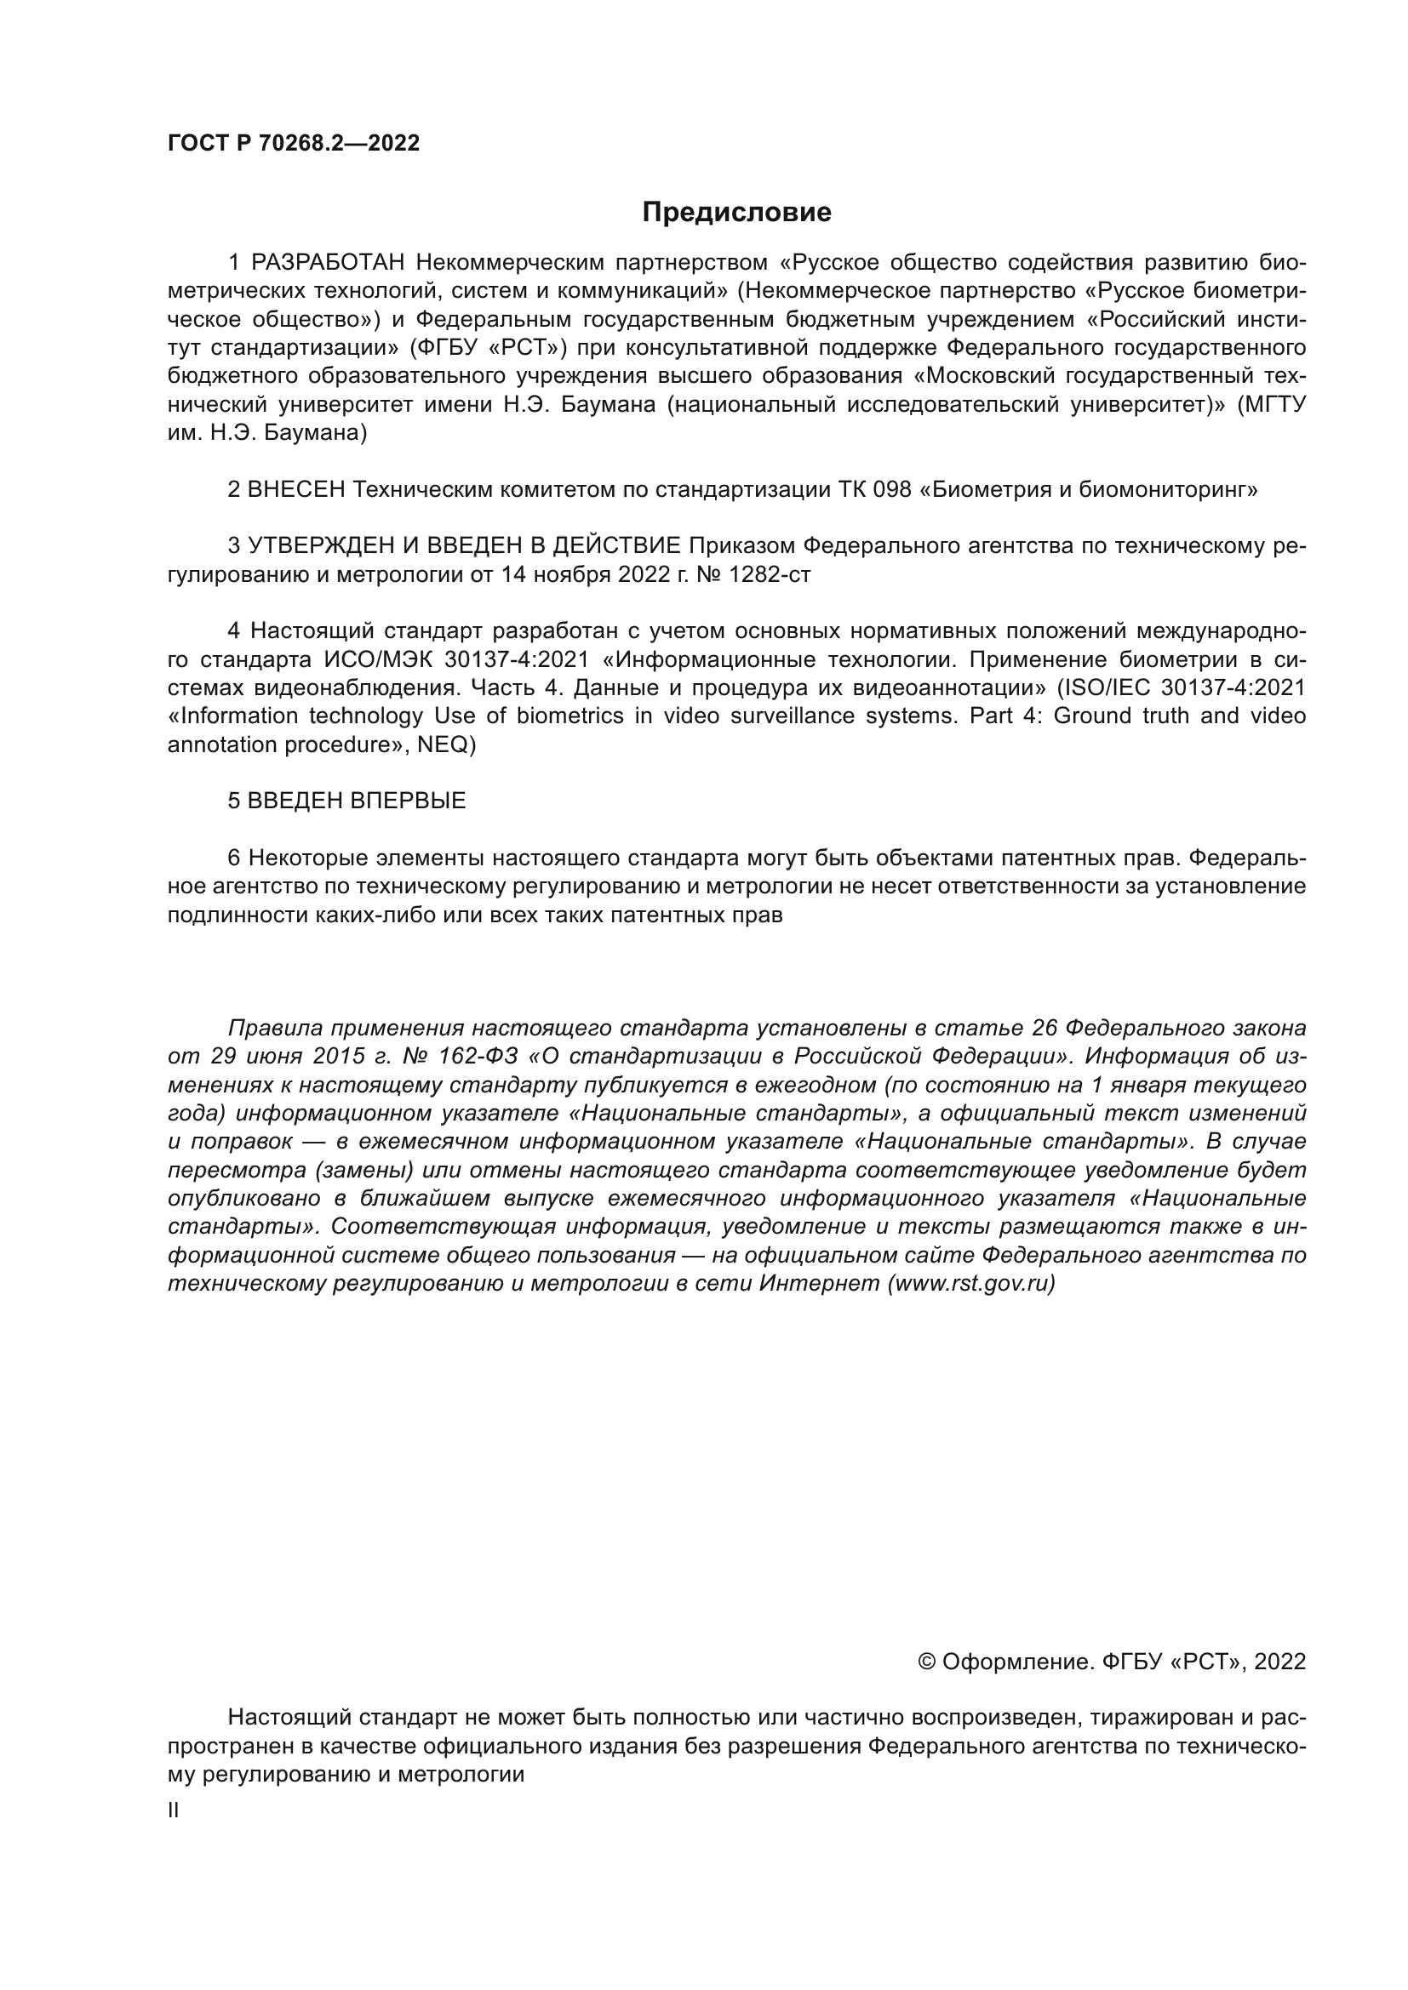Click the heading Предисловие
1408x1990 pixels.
click(736, 213)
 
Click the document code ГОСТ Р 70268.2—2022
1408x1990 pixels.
click(293, 144)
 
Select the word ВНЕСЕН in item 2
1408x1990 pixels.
click(298, 491)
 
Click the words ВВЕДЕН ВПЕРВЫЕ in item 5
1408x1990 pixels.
click(357, 801)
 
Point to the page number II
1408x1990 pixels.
click(174, 1810)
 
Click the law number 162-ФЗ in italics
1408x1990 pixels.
click(482, 1058)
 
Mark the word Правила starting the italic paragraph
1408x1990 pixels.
click(275, 1029)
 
